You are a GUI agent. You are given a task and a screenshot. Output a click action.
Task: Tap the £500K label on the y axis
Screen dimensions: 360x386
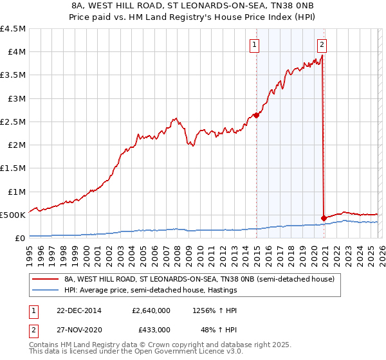click(x=14, y=215)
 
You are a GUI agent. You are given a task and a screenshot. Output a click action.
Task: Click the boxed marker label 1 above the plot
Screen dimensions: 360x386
click(x=255, y=44)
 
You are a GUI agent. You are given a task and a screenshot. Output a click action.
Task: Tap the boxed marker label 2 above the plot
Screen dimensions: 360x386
click(x=322, y=44)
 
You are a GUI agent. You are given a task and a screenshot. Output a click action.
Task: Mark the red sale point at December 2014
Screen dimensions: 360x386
click(x=256, y=116)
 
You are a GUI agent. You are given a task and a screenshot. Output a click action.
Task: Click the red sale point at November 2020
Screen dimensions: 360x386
click(x=323, y=218)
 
